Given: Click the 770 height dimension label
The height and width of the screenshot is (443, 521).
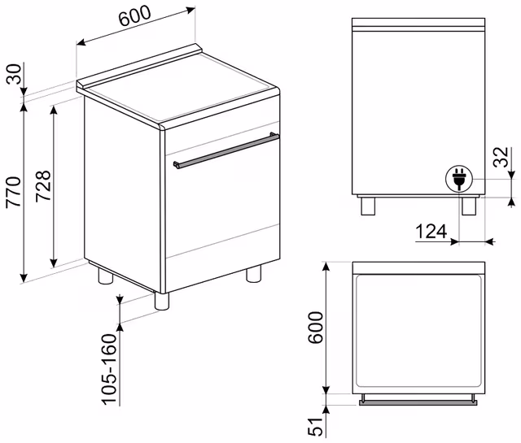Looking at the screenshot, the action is coord(13,192).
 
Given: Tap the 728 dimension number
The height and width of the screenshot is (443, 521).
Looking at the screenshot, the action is coord(43,186).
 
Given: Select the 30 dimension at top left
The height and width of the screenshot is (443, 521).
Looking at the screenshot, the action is coord(14,74).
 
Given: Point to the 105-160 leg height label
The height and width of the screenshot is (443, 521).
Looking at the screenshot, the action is coord(109,369).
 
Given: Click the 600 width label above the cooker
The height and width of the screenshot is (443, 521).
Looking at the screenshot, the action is coord(134,15).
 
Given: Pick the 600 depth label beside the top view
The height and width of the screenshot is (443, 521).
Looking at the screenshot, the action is coord(315,328).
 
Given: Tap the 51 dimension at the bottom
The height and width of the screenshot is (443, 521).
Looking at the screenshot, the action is coord(315,426).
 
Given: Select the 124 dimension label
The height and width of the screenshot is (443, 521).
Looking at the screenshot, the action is coord(431,232).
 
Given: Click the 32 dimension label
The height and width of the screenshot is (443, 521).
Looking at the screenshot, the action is coord(501,157).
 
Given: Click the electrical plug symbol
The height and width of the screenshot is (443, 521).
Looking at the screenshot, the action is coord(459,179).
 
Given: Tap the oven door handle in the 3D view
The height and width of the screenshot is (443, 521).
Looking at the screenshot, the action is coord(226,150).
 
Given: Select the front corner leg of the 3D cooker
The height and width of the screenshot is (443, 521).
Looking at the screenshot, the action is coord(162,302).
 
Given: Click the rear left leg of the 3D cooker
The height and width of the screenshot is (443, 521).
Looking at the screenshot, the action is coord(105,276).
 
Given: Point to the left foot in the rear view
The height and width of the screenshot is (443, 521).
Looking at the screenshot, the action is coord(368,206).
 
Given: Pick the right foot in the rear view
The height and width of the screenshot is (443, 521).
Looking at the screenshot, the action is coord(469,206).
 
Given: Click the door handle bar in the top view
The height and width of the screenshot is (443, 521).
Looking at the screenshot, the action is coord(418,402).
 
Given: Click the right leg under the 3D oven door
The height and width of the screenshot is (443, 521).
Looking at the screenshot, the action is coord(253,274).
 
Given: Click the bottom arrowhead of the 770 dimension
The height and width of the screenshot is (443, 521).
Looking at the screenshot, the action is coord(24,278).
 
